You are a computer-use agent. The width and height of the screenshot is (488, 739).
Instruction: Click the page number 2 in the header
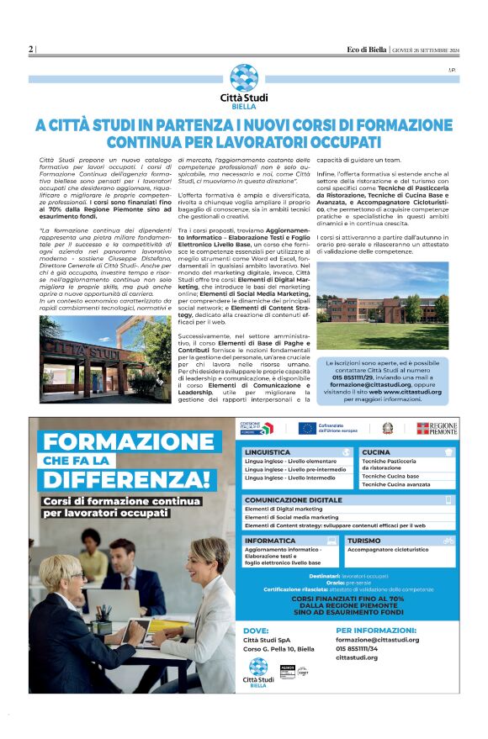pyautogui.click(x=31, y=49)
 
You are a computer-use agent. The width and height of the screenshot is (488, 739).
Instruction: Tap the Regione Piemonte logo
pyautogui.click(x=437, y=429)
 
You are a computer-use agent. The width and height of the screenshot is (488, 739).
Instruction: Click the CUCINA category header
pyautogui.click(x=376, y=451)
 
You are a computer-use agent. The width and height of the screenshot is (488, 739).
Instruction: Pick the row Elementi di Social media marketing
pyautogui.click(x=291, y=517)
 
